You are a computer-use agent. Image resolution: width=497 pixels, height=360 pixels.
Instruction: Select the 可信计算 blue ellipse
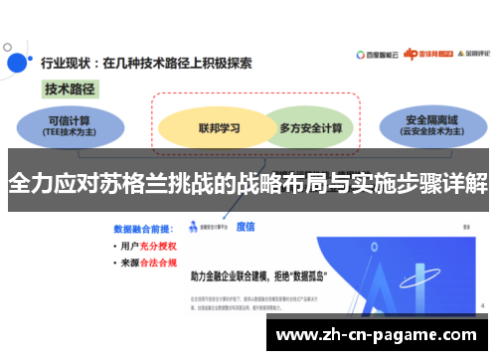(x=69, y=123)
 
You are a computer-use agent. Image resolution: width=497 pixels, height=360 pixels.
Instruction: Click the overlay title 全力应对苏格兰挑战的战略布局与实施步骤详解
(x=248, y=184)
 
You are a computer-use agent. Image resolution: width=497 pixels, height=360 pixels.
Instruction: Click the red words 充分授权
(x=158, y=245)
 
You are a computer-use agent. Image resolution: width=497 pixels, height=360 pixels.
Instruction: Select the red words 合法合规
(x=158, y=264)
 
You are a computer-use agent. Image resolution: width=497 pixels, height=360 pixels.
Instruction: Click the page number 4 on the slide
(x=482, y=305)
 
